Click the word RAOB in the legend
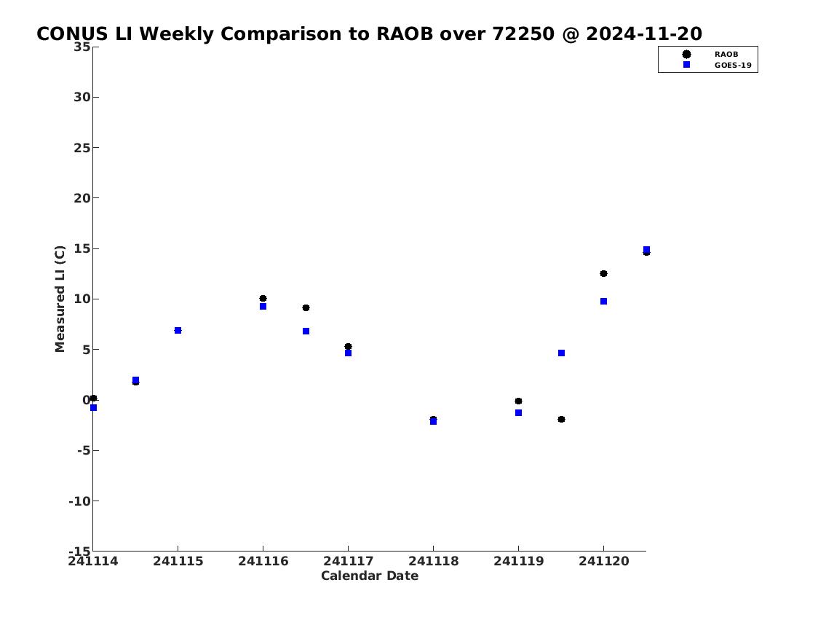(x=726, y=55)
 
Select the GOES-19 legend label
(x=733, y=66)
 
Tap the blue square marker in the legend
(x=686, y=65)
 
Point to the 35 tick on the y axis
(x=82, y=47)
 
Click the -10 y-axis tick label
(x=79, y=501)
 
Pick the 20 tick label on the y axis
(x=82, y=198)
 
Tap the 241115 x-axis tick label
(x=178, y=562)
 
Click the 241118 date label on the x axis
(x=434, y=562)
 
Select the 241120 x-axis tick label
(x=604, y=562)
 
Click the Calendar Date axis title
(x=370, y=576)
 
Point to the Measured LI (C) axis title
(x=60, y=299)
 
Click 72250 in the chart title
(x=523, y=34)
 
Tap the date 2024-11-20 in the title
(x=644, y=34)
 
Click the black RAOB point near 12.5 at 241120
(x=604, y=274)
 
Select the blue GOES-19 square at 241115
(x=178, y=331)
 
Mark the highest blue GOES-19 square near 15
(x=646, y=249)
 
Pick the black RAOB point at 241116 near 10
(x=263, y=299)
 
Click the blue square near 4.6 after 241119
(x=562, y=353)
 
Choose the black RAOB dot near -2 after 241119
(x=562, y=420)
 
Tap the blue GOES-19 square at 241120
(x=604, y=302)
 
